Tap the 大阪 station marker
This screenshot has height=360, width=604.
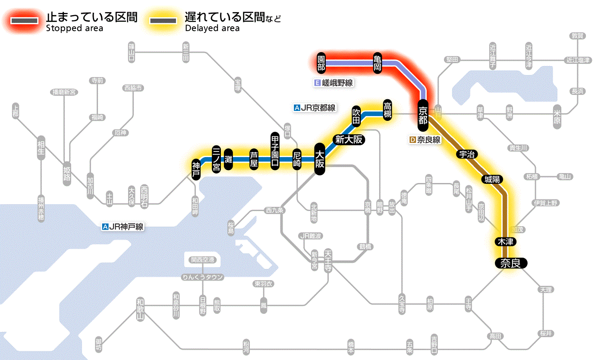tap(319, 159)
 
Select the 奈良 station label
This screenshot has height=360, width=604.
tap(511, 263)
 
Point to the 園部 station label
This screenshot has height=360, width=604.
tap(321, 63)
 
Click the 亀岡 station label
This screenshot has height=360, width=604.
tap(378, 63)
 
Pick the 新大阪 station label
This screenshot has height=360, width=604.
tap(349, 139)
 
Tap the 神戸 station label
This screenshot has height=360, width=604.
tap(196, 170)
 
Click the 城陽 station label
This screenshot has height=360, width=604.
tap(493, 179)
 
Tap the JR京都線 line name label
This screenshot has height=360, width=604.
tap(314, 108)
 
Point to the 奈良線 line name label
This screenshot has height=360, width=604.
tap(425, 140)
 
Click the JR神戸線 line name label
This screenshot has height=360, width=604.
tap(123, 226)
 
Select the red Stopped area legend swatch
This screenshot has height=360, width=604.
tap(26, 21)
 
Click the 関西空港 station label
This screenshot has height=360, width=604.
tap(202, 259)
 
